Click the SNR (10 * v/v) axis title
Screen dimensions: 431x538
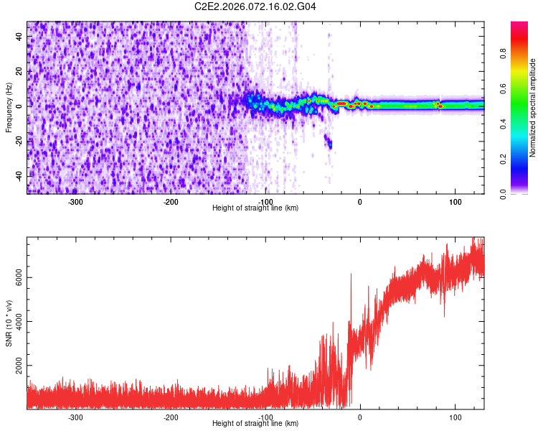9,323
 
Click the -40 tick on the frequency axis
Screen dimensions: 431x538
17,176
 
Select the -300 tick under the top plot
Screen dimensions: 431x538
75,201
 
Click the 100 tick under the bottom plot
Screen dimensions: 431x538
455,417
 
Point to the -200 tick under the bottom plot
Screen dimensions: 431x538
170,417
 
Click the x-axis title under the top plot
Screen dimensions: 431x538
255,208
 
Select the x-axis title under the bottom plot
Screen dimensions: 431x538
255,424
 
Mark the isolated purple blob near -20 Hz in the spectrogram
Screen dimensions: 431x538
329,142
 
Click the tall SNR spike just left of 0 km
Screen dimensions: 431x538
351,277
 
